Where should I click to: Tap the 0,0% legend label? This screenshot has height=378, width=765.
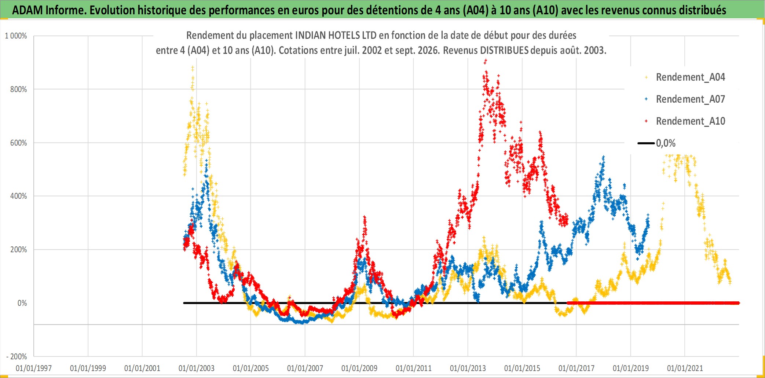(x=666, y=143)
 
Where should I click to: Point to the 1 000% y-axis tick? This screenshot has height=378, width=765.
(x=16, y=36)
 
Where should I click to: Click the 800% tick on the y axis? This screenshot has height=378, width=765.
(x=18, y=89)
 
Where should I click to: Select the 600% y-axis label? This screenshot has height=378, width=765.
(x=18, y=143)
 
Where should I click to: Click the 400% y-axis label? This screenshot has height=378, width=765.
(x=18, y=196)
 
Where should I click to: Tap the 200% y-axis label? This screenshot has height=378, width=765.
(x=18, y=250)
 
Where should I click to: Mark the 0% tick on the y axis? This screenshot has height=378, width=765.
(x=22, y=303)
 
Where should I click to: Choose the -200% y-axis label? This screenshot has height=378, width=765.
(x=17, y=356)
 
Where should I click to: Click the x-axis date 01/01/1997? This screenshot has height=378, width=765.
(x=34, y=368)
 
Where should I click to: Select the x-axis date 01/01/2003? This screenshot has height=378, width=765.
(x=197, y=368)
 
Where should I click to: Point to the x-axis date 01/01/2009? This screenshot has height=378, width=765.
(x=359, y=368)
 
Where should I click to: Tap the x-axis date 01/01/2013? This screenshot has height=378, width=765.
(x=468, y=368)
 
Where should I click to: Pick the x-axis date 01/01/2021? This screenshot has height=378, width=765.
(x=685, y=368)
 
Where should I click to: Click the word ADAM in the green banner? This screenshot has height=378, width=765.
(x=28, y=10)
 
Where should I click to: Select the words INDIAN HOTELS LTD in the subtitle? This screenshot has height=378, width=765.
(x=336, y=36)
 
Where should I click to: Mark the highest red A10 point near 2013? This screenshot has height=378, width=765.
(x=486, y=60)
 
